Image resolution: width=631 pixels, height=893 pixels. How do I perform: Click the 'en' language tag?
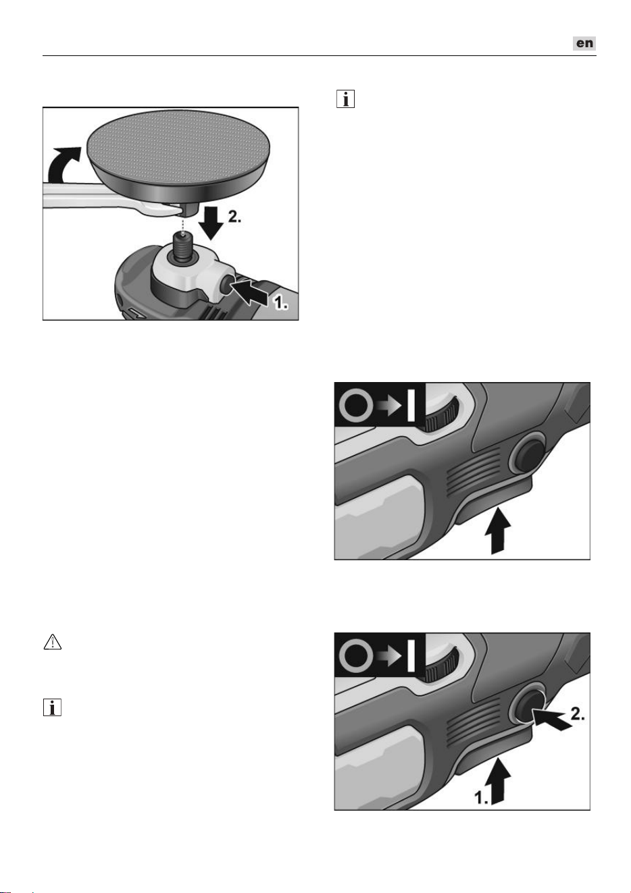coord(584,43)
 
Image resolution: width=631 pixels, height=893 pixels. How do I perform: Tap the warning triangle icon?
coord(52,642)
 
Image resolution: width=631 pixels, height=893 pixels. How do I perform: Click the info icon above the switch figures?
coord(345,99)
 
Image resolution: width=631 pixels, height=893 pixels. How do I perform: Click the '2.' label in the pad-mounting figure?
coord(234,217)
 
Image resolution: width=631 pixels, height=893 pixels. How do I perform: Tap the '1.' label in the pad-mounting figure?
coord(280,303)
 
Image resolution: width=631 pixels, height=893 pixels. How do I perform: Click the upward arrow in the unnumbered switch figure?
coord(498,531)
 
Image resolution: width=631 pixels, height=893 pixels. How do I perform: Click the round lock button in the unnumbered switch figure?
coord(527,454)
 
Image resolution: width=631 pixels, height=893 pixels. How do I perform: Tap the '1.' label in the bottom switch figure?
coord(481,796)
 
